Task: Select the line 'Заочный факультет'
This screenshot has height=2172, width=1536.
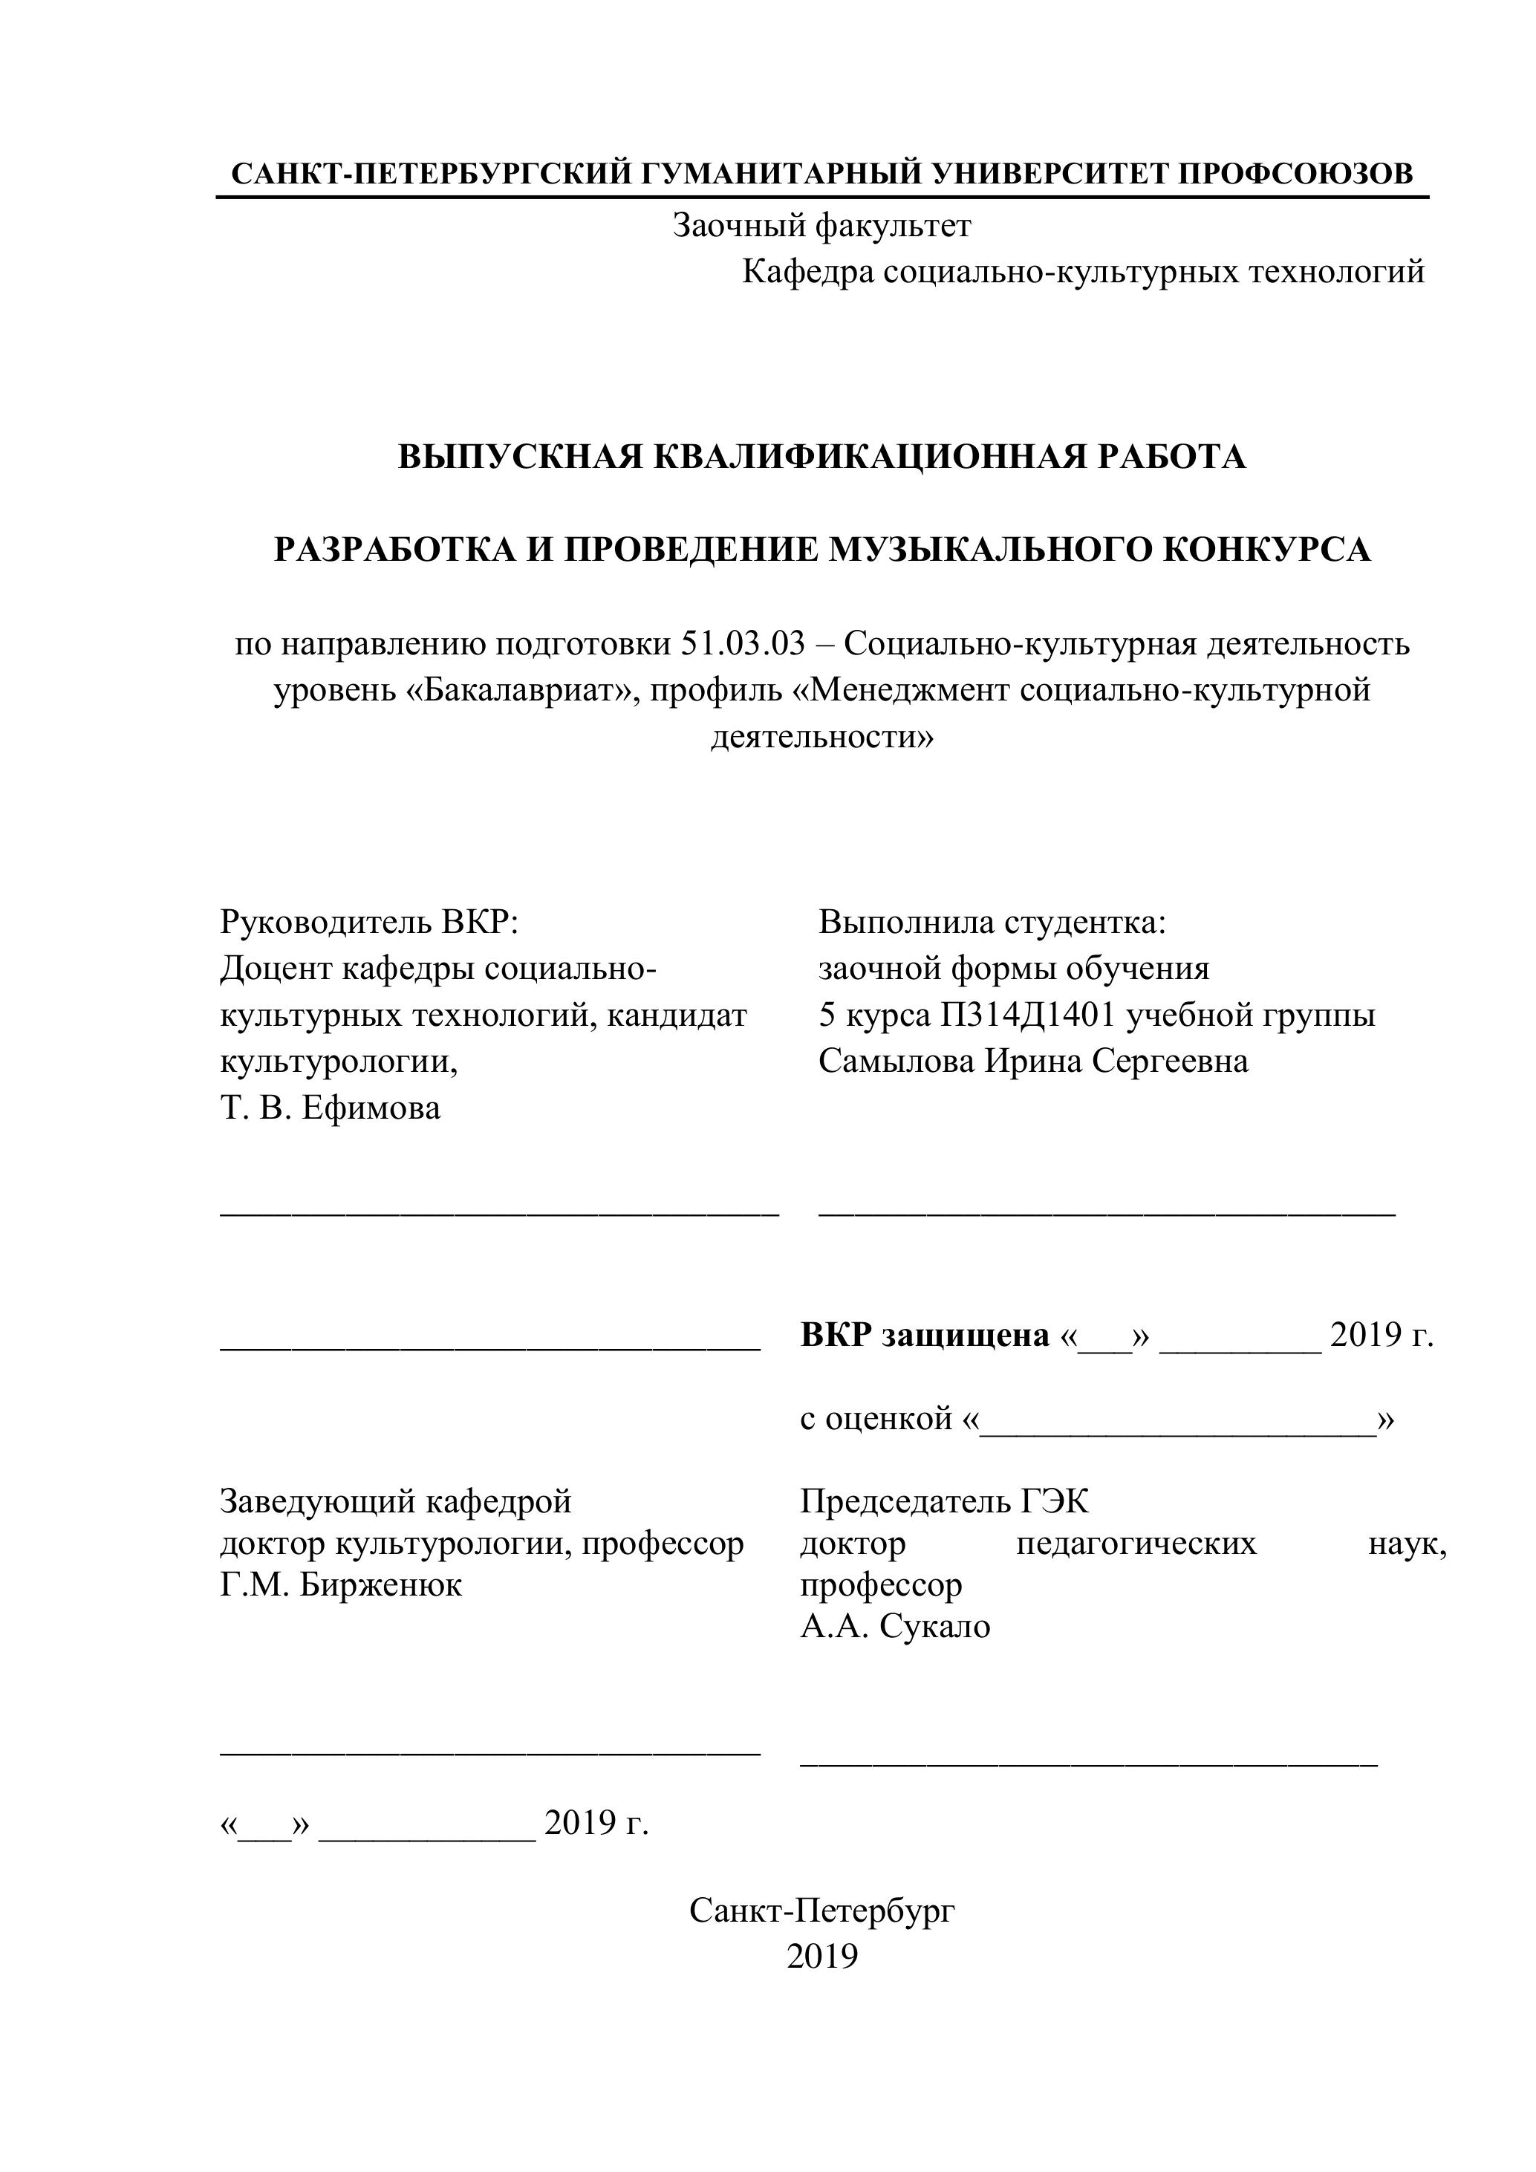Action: [821, 226]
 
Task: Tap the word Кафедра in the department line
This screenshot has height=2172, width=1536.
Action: [807, 273]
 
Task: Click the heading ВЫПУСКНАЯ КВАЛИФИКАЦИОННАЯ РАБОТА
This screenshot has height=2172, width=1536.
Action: [821, 457]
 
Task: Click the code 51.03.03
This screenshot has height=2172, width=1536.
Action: [743, 644]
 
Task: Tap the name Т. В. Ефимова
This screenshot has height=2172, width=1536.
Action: [330, 1108]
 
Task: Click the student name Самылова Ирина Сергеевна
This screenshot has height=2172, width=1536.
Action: [1033, 1061]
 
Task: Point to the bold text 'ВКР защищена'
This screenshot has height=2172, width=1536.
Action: [924, 1335]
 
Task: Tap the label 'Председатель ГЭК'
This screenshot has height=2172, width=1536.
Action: [944, 1501]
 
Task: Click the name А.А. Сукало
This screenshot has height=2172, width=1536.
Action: [895, 1626]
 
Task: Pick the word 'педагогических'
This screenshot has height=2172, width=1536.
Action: [1136, 1543]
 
